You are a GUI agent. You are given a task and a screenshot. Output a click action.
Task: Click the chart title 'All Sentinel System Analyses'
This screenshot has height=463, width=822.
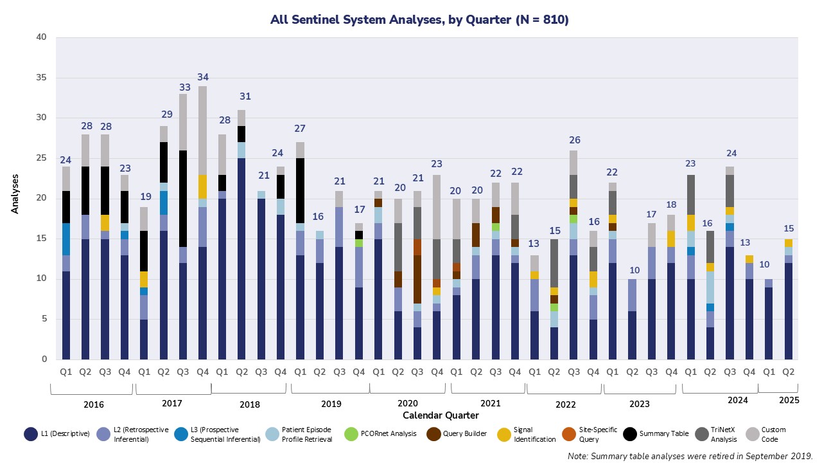click(x=419, y=20)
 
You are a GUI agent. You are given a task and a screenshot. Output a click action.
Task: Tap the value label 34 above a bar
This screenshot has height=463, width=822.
click(x=203, y=77)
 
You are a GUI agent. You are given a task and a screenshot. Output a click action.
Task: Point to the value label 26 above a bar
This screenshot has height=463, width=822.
click(x=573, y=140)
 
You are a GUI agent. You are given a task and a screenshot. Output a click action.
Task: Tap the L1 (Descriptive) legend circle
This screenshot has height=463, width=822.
click(x=30, y=434)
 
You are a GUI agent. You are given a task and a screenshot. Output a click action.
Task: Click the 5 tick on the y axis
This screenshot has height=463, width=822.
click(x=44, y=319)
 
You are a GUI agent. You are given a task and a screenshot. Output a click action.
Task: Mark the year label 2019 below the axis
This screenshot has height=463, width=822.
click(x=331, y=404)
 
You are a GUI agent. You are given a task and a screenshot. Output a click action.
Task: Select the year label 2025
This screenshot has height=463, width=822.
click(x=789, y=400)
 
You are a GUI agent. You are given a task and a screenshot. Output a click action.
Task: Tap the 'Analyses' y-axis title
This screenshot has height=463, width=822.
click(x=15, y=192)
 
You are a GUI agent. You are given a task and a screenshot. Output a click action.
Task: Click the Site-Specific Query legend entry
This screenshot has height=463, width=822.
click(x=586, y=434)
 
